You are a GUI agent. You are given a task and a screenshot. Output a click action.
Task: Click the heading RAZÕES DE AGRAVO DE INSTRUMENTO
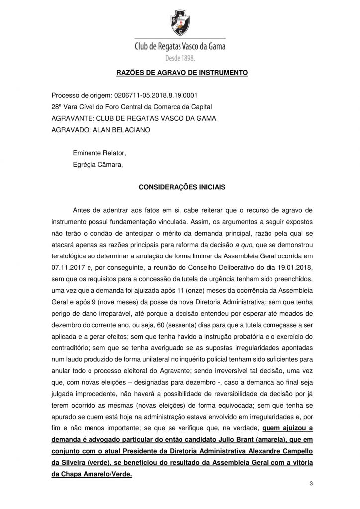click(x=181, y=73)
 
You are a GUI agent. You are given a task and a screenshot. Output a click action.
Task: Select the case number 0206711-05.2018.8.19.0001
click(x=151, y=95)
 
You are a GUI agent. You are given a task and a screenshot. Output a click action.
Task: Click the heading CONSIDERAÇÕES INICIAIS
click(x=181, y=188)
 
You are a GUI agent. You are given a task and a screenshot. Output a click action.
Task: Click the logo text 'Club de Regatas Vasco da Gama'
click(x=180, y=47)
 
